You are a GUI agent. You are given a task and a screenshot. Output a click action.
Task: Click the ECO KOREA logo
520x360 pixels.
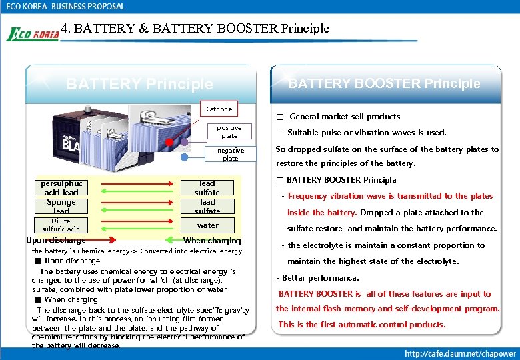(32, 34)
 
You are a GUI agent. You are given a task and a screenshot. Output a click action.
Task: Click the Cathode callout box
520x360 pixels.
(219, 109)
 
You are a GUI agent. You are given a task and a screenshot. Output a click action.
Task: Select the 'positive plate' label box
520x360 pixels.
(229, 131)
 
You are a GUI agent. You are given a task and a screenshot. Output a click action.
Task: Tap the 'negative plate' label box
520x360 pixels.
(230, 154)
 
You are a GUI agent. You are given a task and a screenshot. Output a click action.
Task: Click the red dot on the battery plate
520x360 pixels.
(169, 142)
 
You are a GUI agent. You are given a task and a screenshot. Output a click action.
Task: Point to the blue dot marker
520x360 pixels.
(184, 157)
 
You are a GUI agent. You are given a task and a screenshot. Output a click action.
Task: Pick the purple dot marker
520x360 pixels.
(184, 142)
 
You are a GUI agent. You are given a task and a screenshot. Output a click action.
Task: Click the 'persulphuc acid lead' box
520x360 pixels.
(61, 187)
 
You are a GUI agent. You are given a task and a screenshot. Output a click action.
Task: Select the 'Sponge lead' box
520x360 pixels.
(61, 206)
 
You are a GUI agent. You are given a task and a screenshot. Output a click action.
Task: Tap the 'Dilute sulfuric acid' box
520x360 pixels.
(61, 225)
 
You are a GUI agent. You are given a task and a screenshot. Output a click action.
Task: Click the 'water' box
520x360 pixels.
(207, 225)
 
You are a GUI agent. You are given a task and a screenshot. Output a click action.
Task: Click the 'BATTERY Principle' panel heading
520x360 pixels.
(139, 84)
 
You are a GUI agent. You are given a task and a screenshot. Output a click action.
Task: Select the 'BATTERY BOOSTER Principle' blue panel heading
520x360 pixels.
(383, 83)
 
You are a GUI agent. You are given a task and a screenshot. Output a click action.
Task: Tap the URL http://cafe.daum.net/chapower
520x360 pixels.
(459, 353)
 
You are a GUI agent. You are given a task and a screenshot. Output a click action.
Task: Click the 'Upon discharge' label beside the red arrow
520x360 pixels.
(55, 240)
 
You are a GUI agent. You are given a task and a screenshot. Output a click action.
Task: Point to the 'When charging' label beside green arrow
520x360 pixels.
(211, 241)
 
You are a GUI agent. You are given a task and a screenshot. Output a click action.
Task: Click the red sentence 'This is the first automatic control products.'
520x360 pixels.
(361, 325)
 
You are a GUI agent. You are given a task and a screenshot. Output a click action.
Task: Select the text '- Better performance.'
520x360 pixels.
(317, 278)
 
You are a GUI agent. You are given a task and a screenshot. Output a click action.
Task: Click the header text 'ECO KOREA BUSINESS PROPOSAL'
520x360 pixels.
(65, 6)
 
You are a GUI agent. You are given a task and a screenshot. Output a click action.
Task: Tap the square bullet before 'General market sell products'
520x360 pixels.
(280, 117)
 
